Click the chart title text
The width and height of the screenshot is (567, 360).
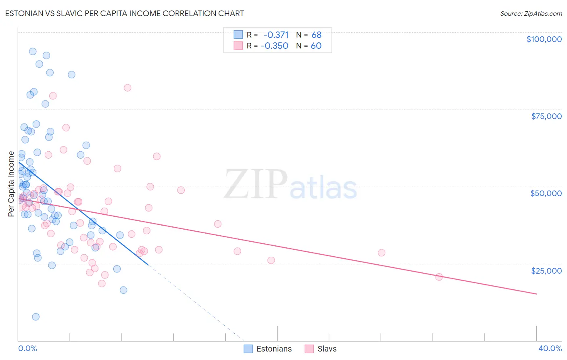pyautogui.click(x=124, y=13)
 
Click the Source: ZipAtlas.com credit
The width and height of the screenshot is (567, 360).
pyautogui.click(x=531, y=13)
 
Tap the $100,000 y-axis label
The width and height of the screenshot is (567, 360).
pyautogui.click(x=544, y=39)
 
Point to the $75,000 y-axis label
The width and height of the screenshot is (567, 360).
pyautogui.click(x=546, y=116)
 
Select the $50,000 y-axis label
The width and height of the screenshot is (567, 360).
pyautogui.click(x=546, y=193)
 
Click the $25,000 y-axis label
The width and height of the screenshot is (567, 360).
pyautogui.click(x=546, y=270)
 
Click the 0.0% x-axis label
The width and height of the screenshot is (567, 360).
pyautogui.click(x=27, y=348)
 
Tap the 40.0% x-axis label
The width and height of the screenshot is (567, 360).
pyautogui.click(x=550, y=348)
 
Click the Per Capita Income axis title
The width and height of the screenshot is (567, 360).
pyautogui.click(x=11, y=184)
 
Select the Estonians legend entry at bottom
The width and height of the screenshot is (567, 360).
pyautogui.click(x=268, y=349)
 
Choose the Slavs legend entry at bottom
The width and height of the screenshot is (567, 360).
pyautogui.click(x=321, y=349)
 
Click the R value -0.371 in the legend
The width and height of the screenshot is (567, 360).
pyautogui.click(x=276, y=35)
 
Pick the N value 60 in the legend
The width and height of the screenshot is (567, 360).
pyautogui.click(x=316, y=46)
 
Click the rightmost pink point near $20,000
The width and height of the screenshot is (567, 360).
pyautogui.click(x=439, y=277)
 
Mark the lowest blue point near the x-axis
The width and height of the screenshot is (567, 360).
pyautogui.click(x=36, y=317)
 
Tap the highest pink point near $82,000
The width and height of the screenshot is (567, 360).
pyautogui.click(x=127, y=88)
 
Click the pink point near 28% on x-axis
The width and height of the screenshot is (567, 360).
pyautogui.click(x=381, y=253)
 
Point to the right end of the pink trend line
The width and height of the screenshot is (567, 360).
pyautogui.click(x=536, y=294)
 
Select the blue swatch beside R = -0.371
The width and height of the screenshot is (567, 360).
pyautogui.click(x=238, y=35)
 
